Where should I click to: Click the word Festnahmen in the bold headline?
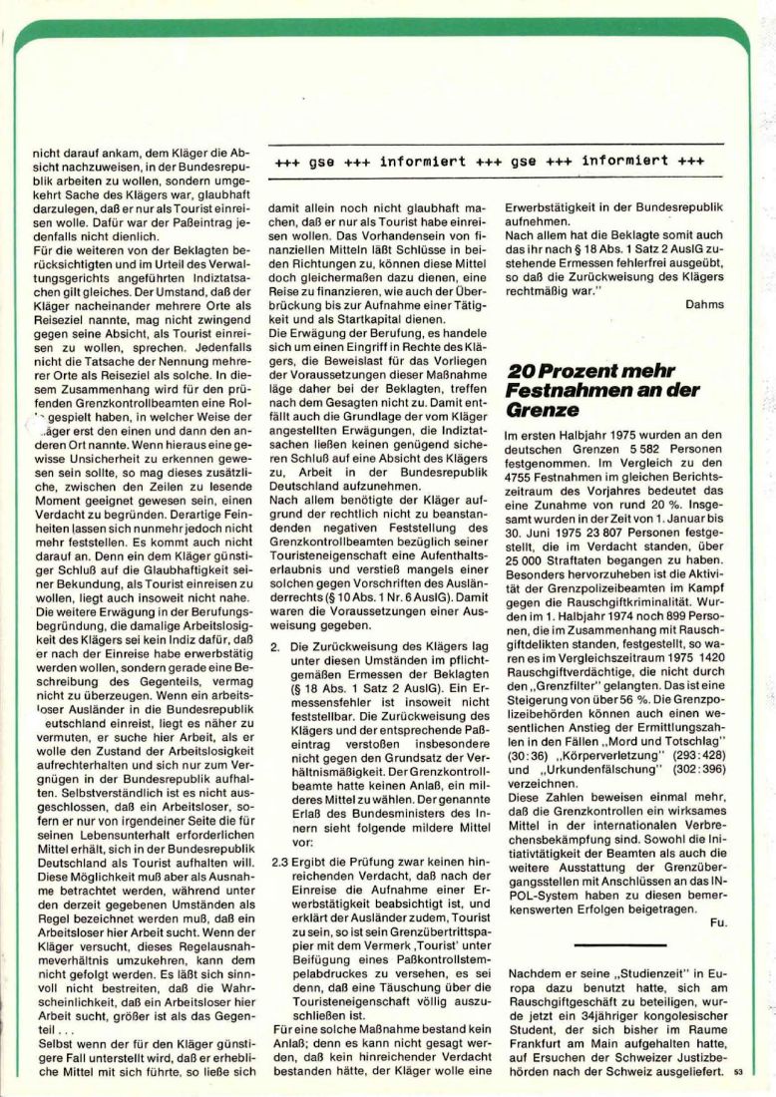[561, 390]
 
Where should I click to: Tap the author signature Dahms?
[705, 304]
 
